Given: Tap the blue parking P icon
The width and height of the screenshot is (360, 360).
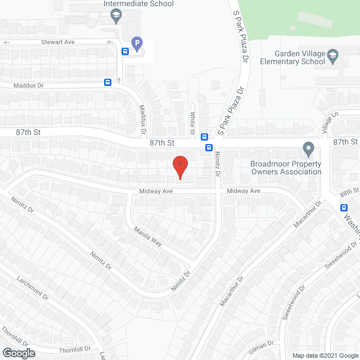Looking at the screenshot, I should click(136, 42).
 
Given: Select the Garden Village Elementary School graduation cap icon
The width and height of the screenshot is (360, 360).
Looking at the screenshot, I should click(333, 54).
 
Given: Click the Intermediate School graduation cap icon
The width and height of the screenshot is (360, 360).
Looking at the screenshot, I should click(116, 16).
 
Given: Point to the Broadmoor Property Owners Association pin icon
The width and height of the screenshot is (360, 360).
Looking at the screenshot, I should click(308, 150).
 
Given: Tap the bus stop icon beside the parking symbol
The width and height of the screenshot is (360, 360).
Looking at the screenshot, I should click(125, 51).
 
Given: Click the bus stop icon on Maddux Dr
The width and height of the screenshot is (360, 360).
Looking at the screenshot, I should click(107, 82).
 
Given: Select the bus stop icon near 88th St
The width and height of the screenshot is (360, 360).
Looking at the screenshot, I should click(344, 207).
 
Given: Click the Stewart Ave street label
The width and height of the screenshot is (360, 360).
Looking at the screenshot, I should click(58, 42).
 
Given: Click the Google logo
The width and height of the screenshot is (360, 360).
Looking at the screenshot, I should click(18, 353).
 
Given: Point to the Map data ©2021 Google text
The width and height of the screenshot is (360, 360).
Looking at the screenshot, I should click(324, 355).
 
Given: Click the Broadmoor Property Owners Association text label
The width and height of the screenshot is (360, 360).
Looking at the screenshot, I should click(285, 168).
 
